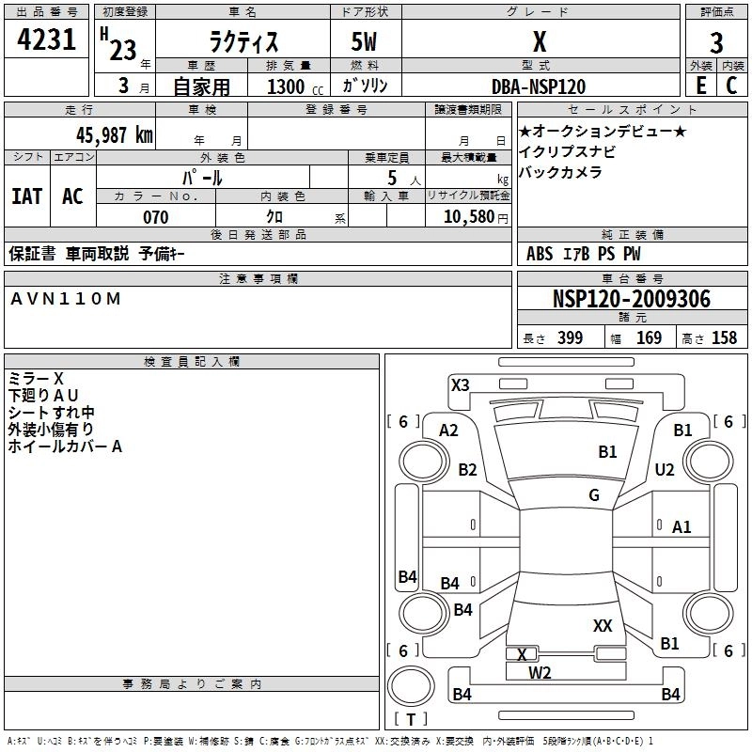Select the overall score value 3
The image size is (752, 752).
pyautogui.click(x=716, y=43)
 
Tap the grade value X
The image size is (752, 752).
pyautogui.click(x=539, y=42)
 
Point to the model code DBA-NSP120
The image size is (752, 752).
pyautogui.click(x=539, y=86)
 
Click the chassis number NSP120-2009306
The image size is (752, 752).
pyautogui.click(x=632, y=300)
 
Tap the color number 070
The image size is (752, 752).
pyautogui.click(x=155, y=217)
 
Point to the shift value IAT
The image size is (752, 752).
pyautogui.click(x=27, y=196)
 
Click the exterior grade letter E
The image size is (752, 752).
pyautogui.click(x=700, y=86)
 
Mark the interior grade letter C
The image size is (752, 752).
pyautogui.click(x=731, y=86)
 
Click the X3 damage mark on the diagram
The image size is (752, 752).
pyautogui.click(x=460, y=384)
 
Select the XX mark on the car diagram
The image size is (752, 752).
pyautogui.click(x=603, y=625)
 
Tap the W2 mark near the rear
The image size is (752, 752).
pyautogui.click(x=540, y=672)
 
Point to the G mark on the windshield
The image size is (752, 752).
pyautogui.click(x=594, y=495)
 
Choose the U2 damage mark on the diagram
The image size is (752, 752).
pyautogui.click(x=665, y=470)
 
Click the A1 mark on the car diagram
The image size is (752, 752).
pyautogui.click(x=681, y=527)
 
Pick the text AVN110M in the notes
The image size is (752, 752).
pyautogui.click(x=65, y=298)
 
